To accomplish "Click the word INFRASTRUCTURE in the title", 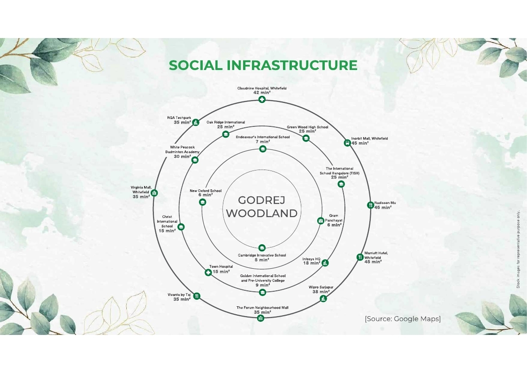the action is point(292,65).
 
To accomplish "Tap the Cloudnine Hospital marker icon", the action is point(262,99).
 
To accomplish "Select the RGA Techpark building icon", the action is point(195,123).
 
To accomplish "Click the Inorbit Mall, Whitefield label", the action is point(369,138).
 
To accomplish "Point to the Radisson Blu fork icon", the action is point(370,205).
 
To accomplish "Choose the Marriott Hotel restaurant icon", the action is point(359,257).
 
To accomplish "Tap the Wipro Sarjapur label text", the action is point(321,287).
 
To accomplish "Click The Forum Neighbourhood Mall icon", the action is point(260,318).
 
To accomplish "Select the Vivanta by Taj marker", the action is point(197,296).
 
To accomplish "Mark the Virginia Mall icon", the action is point(154,193).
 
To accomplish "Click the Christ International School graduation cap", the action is point(181,227).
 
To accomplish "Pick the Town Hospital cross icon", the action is point(208,272).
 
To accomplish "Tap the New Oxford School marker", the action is point(202,202).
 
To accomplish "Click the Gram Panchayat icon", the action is point(321,221).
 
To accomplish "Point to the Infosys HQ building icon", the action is point(325,263).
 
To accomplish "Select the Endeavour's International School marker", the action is point(263,148).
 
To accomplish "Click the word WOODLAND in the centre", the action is point(261,213).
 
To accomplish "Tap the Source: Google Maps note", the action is point(403,319).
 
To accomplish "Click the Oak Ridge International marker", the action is point(226,134).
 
